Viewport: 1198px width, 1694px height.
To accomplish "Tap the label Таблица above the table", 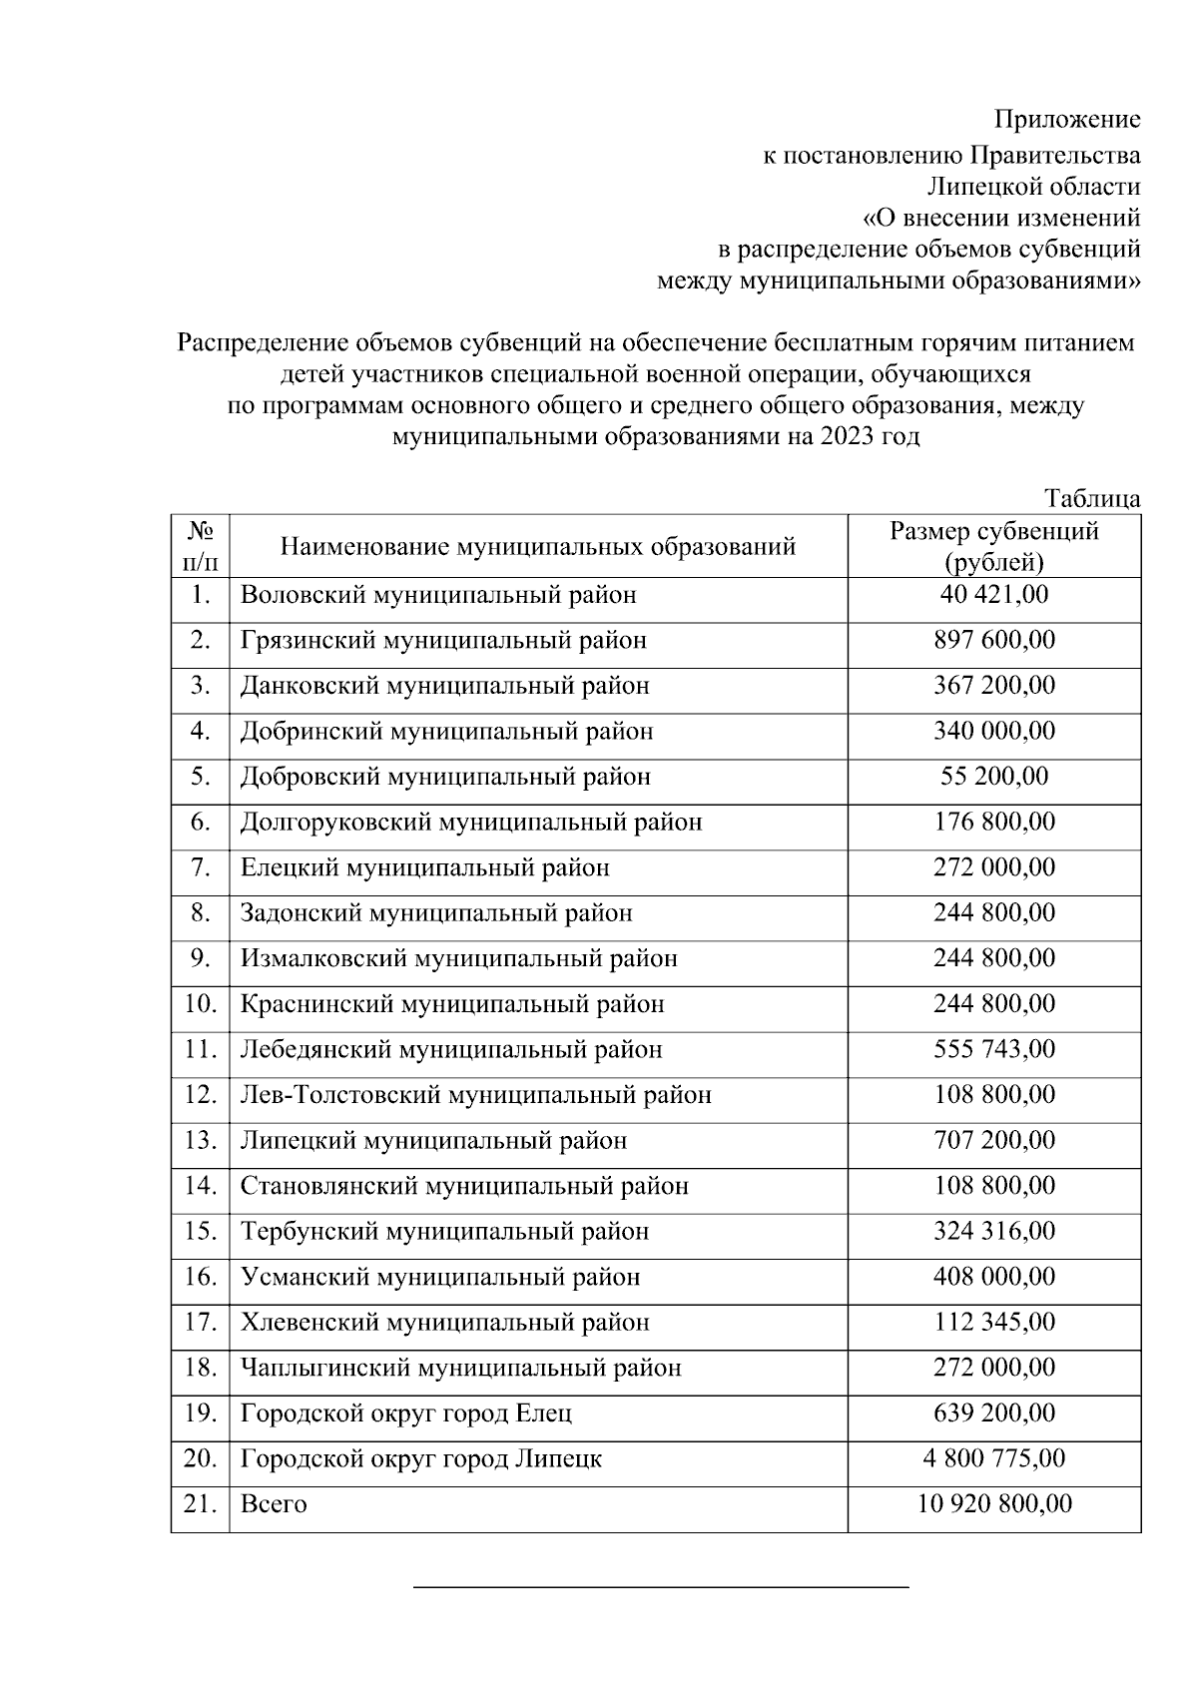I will pyautogui.click(x=1092, y=498).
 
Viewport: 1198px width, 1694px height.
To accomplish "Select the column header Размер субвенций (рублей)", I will pyautogui.click(x=993, y=546).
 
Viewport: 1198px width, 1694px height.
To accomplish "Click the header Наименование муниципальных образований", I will pyautogui.click(x=537, y=547).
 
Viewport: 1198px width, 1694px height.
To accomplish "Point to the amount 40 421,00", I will pyautogui.click(x=993, y=595).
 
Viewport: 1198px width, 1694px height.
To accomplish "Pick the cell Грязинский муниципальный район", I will pyautogui.click(x=443, y=640).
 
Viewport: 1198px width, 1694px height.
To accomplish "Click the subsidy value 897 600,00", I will pyautogui.click(x=993, y=640).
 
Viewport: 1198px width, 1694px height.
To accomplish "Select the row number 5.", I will pyautogui.click(x=200, y=777).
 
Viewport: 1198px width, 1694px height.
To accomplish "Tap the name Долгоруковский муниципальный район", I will pyautogui.click(x=471, y=823).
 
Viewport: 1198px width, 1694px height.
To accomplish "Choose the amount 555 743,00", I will pyautogui.click(x=993, y=1049).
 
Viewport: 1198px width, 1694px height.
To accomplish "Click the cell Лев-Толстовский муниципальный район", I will pyautogui.click(x=476, y=1095).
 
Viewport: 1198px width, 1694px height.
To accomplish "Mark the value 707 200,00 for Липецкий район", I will pyautogui.click(x=993, y=1140).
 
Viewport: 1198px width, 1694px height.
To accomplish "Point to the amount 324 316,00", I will pyautogui.click(x=993, y=1231).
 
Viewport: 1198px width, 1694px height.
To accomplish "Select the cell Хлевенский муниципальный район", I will pyautogui.click(x=445, y=1323).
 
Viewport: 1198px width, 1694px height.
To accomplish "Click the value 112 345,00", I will pyautogui.click(x=993, y=1322).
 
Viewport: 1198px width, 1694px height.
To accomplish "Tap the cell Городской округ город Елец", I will pyautogui.click(x=406, y=1413).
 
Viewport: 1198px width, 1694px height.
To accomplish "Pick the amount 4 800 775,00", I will pyautogui.click(x=993, y=1458).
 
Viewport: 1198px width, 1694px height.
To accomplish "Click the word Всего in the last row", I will pyautogui.click(x=274, y=1504).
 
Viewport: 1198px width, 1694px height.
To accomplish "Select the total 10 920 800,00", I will pyautogui.click(x=993, y=1503).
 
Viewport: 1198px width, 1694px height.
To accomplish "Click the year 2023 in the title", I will pyautogui.click(x=850, y=437).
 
